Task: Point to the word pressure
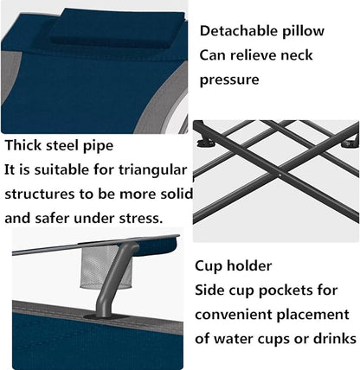(x=229, y=80)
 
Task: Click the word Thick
(x=23, y=145)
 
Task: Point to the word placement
(x=312, y=316)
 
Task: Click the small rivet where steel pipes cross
(x=280, y=175)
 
